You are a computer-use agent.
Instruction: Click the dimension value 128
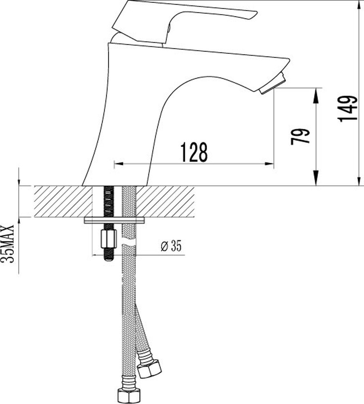(194, 152)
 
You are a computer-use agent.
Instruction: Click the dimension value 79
(300, 137)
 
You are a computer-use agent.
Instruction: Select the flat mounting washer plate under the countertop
(114, 221)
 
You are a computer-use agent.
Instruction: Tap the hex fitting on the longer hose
(129, 395)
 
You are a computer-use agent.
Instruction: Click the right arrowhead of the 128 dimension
(270, 164)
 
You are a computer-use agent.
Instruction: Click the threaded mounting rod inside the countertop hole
(108, 201)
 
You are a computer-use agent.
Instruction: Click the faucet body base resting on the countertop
(115, 178)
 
